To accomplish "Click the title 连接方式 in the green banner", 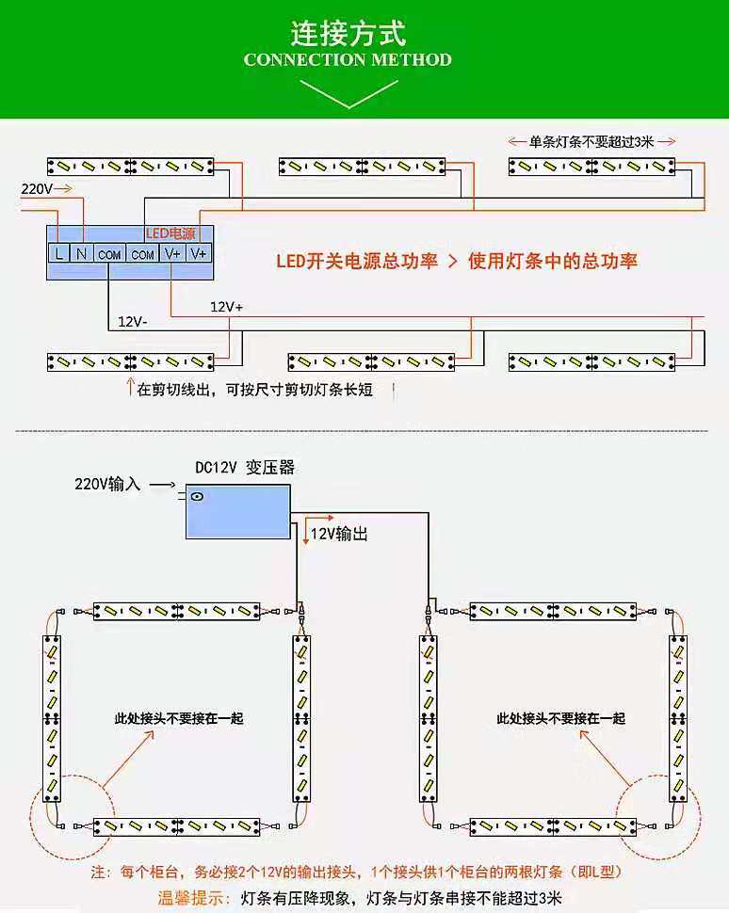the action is [x=348, y=34].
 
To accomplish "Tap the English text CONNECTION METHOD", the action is [x=348, y=60].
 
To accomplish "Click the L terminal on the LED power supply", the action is [x=58, y=254].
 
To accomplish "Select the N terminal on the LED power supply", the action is [x=82, y=254].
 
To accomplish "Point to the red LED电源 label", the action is [x=170, y=233].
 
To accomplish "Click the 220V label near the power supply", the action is [x=37, y=189].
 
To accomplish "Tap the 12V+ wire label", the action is [x=226, y=307].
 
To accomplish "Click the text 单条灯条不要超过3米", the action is [x=591, y=142].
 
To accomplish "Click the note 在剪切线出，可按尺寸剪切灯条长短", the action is [x=254, y=390].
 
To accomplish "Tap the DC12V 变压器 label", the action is [x=245, y=467].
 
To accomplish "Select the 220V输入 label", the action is [x=107, y=485].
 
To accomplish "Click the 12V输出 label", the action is [x=339, y=534].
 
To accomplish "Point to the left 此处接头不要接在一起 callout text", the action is [x=179, y=718].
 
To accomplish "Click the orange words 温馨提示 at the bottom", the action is [x=193, y=897].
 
